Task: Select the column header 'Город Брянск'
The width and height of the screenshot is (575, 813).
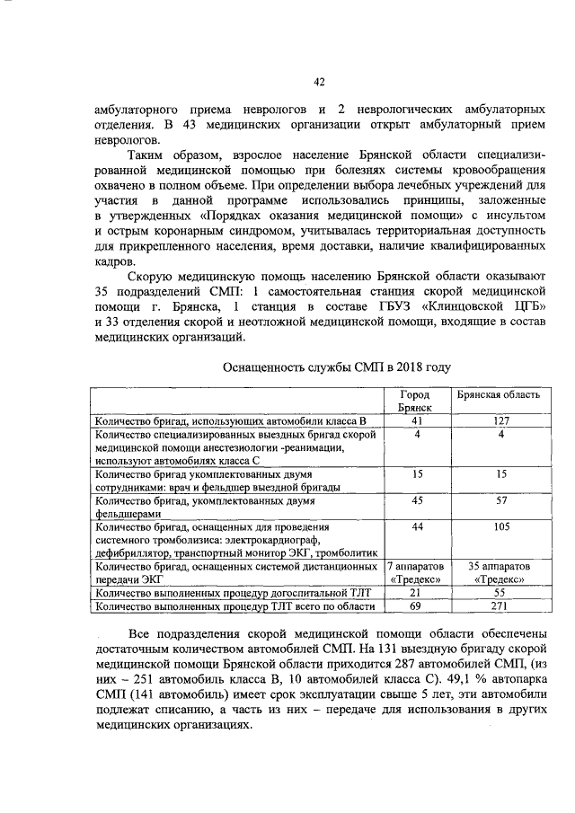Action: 415,401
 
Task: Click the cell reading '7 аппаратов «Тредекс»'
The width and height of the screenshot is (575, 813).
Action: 417,573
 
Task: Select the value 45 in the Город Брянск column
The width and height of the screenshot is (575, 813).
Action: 417,500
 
